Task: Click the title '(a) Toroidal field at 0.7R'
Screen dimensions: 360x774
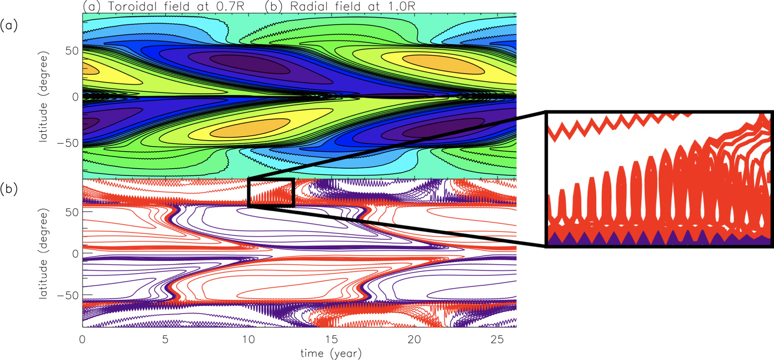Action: click(x=163, y=6)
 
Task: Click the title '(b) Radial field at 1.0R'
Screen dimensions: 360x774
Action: click(x=340, y=6)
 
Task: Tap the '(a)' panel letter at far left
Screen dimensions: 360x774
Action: click(x=9, y=26)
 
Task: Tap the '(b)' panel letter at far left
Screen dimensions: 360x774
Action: click(x=9, y=189)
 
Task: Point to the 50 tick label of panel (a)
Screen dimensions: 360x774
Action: click(x=72, y=51)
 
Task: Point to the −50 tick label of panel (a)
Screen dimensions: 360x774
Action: click(x=68, y=143)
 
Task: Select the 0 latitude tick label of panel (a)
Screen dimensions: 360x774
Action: click(x=75, y=97)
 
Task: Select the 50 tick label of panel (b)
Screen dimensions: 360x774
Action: click(x=72, y=212)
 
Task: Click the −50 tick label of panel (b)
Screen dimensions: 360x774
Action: click(x=68, y=295)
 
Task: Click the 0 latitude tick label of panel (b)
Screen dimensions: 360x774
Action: click(x=75, y=254)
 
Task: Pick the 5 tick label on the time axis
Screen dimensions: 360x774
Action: click(x=165, y=340)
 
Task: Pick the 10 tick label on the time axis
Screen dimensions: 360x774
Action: click(x=248, y=340)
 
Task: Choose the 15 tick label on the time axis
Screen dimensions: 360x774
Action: click(x=332, y=340)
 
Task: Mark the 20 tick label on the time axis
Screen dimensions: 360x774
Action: click(x=414, y=340)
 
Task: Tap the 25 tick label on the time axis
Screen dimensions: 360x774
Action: click(x=497, y=340)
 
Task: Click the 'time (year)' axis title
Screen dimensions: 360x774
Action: click(x=331, y=353)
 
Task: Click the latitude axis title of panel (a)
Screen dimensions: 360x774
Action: click(x=43, y=97)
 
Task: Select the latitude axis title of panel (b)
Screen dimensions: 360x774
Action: click(x=43, y=253)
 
